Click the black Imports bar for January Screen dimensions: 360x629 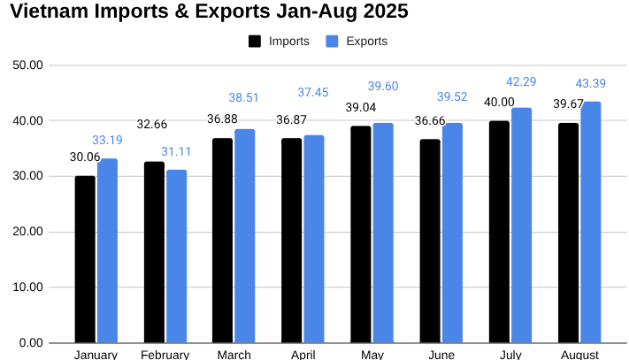coord(85,258)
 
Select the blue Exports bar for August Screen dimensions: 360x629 coord(591,222)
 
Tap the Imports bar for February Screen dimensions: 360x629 coord(154,251)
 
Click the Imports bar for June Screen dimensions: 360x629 coord(430,241)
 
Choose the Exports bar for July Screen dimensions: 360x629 coord(522,225)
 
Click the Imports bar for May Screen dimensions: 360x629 coord(361,234)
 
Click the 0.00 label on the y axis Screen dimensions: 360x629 coord(32,342)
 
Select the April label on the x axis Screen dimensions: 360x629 coord(303,355)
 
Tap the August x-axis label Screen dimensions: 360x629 coord(579,355)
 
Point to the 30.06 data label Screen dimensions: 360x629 coord(85,157)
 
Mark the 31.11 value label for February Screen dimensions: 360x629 coord(176,151)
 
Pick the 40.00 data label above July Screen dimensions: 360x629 coord(499,103)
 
